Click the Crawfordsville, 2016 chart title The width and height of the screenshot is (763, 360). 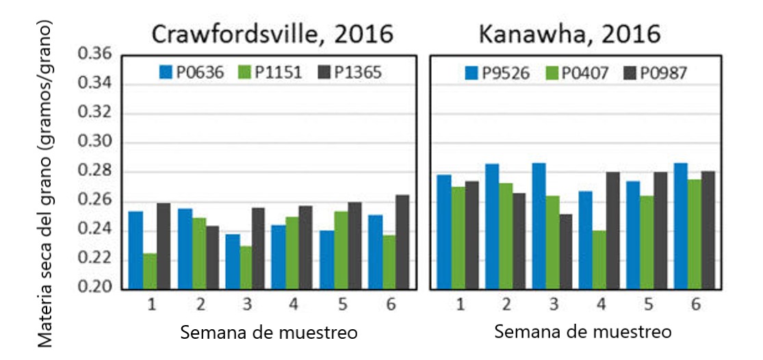[273, 34]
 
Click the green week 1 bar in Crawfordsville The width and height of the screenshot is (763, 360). [149, 272]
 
